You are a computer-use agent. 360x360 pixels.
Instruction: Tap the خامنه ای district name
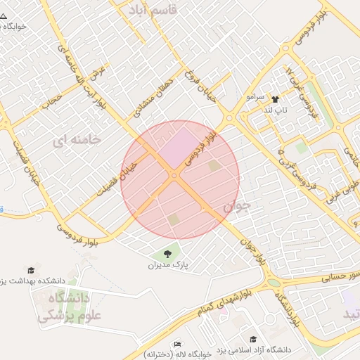(x=77, y=140)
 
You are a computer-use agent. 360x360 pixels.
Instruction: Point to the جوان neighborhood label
(x=237, y=207)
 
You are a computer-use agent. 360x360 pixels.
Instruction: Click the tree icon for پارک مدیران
(x=168, y=254)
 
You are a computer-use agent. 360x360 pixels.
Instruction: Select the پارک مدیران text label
(x=169, y=266)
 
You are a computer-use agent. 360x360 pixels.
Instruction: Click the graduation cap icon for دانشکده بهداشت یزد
(x=31, y=271)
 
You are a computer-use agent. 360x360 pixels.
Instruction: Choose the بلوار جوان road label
(x=253, y=250)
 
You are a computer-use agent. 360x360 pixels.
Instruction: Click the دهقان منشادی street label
(x=149, y=97)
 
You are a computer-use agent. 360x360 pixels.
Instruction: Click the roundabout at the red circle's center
(x=174, y=175)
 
